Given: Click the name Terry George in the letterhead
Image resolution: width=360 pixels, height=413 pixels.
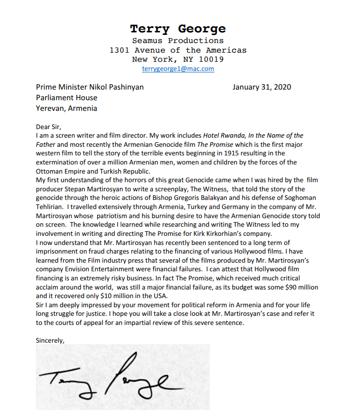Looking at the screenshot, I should (x=177, y=29).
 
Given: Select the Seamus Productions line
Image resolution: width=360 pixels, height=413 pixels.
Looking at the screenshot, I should (x=177, y=41).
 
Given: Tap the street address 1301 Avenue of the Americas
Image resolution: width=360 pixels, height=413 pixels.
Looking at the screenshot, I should (x=177, y=50).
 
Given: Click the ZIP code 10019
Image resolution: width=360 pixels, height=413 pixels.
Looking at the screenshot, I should (x=212, y=59).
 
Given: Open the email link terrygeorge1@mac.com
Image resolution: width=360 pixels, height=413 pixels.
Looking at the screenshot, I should (x=177, y=69).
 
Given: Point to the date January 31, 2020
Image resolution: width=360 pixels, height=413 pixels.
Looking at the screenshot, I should (x=261, y=87).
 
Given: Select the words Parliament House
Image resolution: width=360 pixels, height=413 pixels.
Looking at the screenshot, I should (x=66, y=97).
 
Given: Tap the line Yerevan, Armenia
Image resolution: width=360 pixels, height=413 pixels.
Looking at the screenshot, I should (x=66, y=108).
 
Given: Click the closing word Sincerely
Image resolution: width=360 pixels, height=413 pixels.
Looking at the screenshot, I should (x=50, y=340).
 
